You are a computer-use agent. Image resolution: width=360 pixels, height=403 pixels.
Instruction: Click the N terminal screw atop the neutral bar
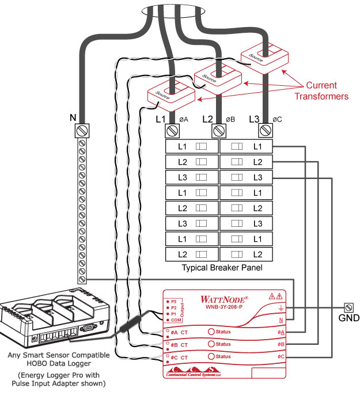(82, 131)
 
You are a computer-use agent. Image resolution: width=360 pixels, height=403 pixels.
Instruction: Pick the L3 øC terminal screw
(265, 131)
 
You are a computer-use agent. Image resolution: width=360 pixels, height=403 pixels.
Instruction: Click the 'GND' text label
(348, 318)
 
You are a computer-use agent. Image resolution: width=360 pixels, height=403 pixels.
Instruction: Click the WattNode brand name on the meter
(224, 299)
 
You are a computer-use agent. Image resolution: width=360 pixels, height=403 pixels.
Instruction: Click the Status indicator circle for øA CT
(211, 332)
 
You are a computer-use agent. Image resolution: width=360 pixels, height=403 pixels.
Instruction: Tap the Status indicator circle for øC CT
(211, 357)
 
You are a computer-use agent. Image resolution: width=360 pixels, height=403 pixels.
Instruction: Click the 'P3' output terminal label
(173, 301)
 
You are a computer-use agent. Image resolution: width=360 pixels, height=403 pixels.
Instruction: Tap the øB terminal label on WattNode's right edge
(281, 344)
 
